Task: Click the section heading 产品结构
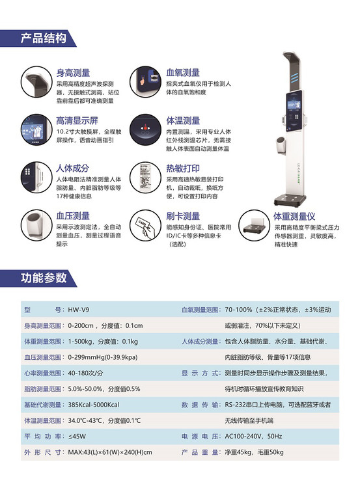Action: pos(43,38)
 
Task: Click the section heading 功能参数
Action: pos(44,278)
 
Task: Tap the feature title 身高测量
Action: pos(73,73)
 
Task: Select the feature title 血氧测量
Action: pos(183,72)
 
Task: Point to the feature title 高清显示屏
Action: pos(77,120)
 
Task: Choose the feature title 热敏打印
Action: pos(183,168)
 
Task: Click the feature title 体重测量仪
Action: pos(294,216)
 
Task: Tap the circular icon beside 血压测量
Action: pos(36,225)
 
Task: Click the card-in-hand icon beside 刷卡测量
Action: pos(145,225)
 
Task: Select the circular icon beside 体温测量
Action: pos(145,129)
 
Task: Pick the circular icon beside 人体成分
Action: pos(36,177)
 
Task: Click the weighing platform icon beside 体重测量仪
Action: pos(254,225)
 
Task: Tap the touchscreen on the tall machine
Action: pos(294,111)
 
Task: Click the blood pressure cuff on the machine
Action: pos(281,145)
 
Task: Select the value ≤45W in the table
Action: pos(77,437)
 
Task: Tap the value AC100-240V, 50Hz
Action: pos(253,437)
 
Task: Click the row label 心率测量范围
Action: pos(43,373)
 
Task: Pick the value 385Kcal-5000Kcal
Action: pos(94,405)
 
